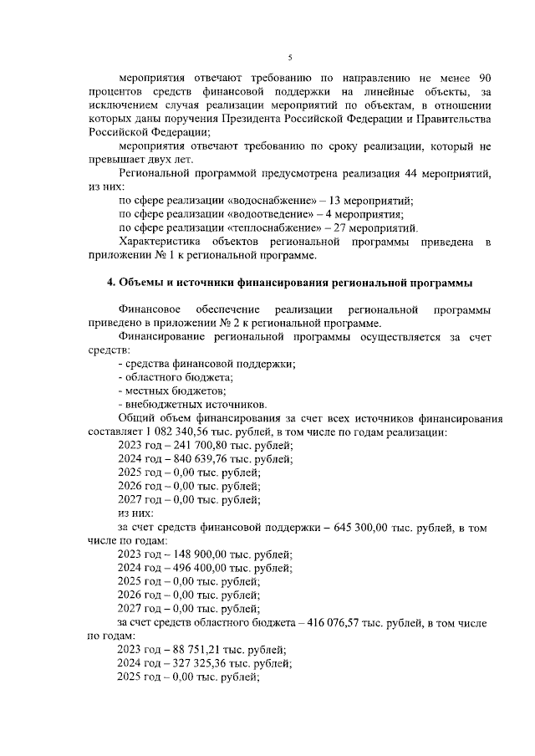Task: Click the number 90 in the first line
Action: pyautogui.click(x=482, y=77)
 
